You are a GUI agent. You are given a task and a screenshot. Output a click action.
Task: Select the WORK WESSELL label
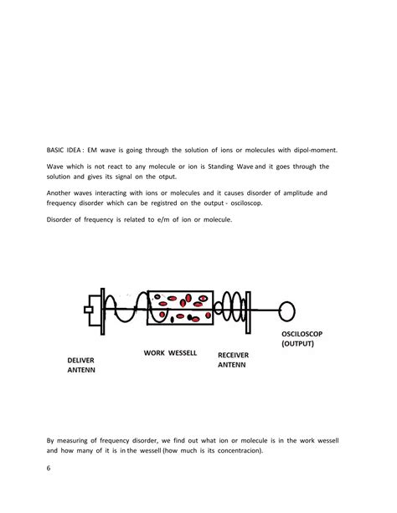click(170, 352)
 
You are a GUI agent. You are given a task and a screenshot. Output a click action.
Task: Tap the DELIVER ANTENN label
click(81, 364)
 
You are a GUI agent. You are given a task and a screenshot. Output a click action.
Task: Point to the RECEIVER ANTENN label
click(233, 360)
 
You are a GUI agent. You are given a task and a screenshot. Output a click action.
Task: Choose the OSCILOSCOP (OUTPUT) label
click(301, 339)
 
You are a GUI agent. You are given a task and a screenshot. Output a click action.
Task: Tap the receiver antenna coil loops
click(231, 309)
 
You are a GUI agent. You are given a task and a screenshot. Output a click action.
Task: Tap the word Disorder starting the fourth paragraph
click(61, 219)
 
